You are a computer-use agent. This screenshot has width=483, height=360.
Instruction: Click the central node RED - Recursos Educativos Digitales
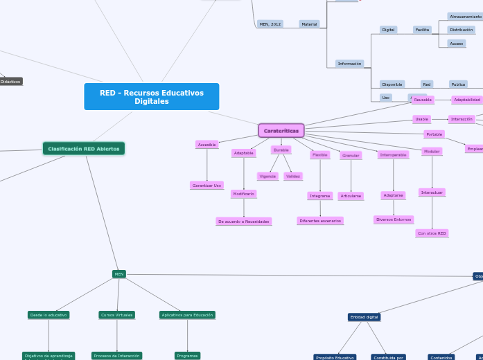pyautogui.click(x=151, y=97)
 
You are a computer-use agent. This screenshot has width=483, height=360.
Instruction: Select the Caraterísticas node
pyautogui.click(x=281, y=131)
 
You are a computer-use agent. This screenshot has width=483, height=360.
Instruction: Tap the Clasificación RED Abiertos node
pyautogui.click(x=83, y=149)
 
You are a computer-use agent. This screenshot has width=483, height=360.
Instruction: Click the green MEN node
pyautogui.click(x=119, y=274)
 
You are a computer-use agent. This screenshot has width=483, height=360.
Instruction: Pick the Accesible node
pyautogui.click(x=207, y=145)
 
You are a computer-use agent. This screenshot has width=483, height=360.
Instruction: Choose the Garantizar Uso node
pyautogui.click(x=207, y=186)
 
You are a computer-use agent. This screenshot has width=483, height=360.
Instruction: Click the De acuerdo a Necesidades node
pyautogui.click(x=243, y=222)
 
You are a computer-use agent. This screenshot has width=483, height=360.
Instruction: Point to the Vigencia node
pyautogui.click(x=267, y=177)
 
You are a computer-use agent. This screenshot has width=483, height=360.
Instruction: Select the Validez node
pyautogui.click(x=293, y=177)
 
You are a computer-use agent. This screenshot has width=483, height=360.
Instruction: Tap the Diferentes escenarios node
pyautogui.click(x=320, y=221)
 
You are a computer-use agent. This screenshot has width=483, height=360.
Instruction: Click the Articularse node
pyautogui.click(x=351, y=196)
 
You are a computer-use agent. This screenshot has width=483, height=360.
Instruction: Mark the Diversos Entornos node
pyautogui.click(x=394, y=219)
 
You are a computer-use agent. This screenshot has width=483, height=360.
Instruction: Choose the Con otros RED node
pyautogui.click(x=432, y=233)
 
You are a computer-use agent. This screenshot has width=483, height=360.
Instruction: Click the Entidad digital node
pyautogui.click(x=364, y=317)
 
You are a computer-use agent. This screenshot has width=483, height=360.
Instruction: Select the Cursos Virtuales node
pyautogui.click(x=116, y=315)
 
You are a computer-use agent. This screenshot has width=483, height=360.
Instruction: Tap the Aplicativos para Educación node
pyautogui.click(x=187, y=315)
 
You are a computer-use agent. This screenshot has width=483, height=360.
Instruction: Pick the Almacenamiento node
pyautogui.click(x=466, y=17)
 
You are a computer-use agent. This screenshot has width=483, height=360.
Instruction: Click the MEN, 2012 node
pyautogui.click(x=270, y=24)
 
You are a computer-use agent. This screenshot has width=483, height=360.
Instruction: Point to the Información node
pyautogui.click(x=349, y=64)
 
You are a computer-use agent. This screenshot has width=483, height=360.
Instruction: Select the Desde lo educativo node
pyautogui.click(x=49, y=315)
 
